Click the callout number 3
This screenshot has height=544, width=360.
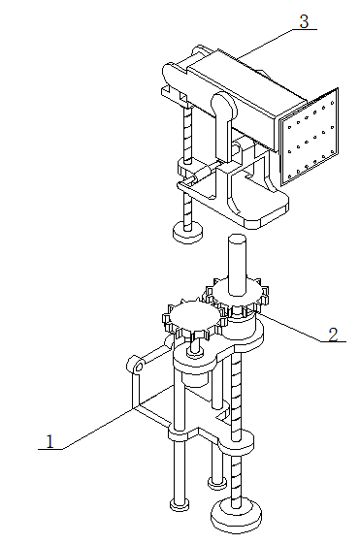click(304, 21)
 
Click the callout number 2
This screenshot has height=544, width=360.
click(333, 335)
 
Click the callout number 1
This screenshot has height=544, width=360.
click(50, 441)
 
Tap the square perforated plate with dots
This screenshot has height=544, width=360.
click(309, 137)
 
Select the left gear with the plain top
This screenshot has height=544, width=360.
click(193, 320)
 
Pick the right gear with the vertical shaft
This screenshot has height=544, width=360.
click(237, 296)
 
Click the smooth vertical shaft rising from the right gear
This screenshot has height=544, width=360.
click(237, 266)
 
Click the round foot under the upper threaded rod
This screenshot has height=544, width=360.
click(187, 232)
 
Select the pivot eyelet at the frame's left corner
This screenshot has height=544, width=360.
click(136, 365)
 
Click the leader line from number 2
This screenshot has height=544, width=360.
click(291, 327)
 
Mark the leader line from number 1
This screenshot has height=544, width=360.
click(96, 430)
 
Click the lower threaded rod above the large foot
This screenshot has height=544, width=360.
click(236, 432)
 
